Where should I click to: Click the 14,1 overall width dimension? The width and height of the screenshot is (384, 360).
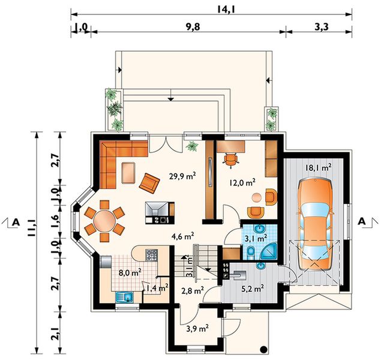pos(224,10)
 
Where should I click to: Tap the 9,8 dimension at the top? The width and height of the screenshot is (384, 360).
pos(193,26)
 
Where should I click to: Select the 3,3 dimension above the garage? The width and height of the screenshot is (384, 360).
pos(321,26)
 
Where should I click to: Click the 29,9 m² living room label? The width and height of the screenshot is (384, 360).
pos(182,176)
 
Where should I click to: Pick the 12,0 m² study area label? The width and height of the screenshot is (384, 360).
pos(242,182)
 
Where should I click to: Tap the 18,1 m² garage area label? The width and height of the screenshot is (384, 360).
pos(319,168)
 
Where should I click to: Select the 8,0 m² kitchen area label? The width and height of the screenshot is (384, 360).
pos(130,272)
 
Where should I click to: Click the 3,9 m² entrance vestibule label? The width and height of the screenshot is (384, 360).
pos(197,328)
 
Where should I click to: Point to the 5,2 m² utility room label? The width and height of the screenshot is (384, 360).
pos(253,289)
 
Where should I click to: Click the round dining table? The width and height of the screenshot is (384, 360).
pos(104,221)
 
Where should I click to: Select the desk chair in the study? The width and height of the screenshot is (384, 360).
pos(230,160)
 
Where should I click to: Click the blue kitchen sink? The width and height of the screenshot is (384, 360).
pos(125,298)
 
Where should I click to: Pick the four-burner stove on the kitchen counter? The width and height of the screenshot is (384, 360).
pos(151,255)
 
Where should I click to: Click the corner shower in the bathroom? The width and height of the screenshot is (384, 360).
pos(269,251)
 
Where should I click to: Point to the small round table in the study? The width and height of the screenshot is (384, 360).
pos(257,197)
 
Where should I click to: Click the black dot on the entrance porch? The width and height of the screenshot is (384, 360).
pos(263,349)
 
